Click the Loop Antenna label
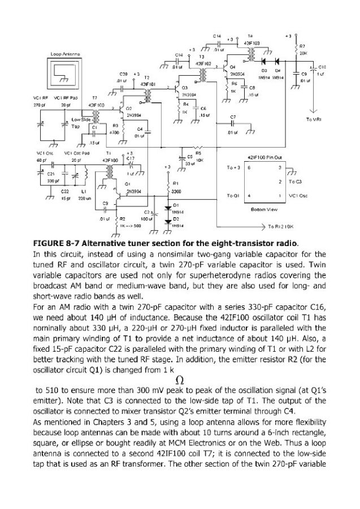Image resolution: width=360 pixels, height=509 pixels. [63, 55]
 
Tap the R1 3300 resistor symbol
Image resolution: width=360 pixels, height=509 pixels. [168, 187]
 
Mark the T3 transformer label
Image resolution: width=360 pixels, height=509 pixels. [201, 57]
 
